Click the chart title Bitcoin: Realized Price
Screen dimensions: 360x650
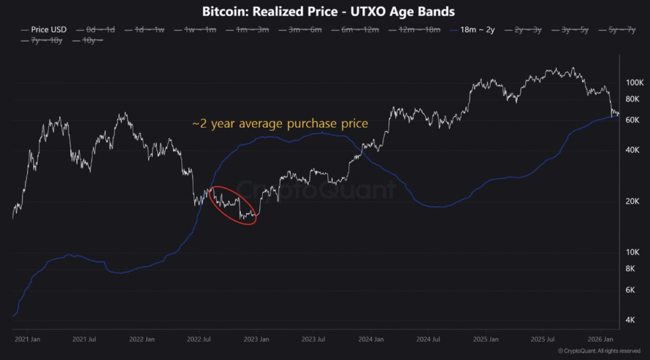click(x=328, y=11)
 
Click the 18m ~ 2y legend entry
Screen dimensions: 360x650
click(x=474, y=29)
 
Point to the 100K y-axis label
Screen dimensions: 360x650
click(x=635, y=83)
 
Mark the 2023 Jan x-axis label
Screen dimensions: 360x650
click(x=256, y=340)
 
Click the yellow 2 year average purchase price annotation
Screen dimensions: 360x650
click(x=280, y=124)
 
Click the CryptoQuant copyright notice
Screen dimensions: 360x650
click(x=599, y=351)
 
